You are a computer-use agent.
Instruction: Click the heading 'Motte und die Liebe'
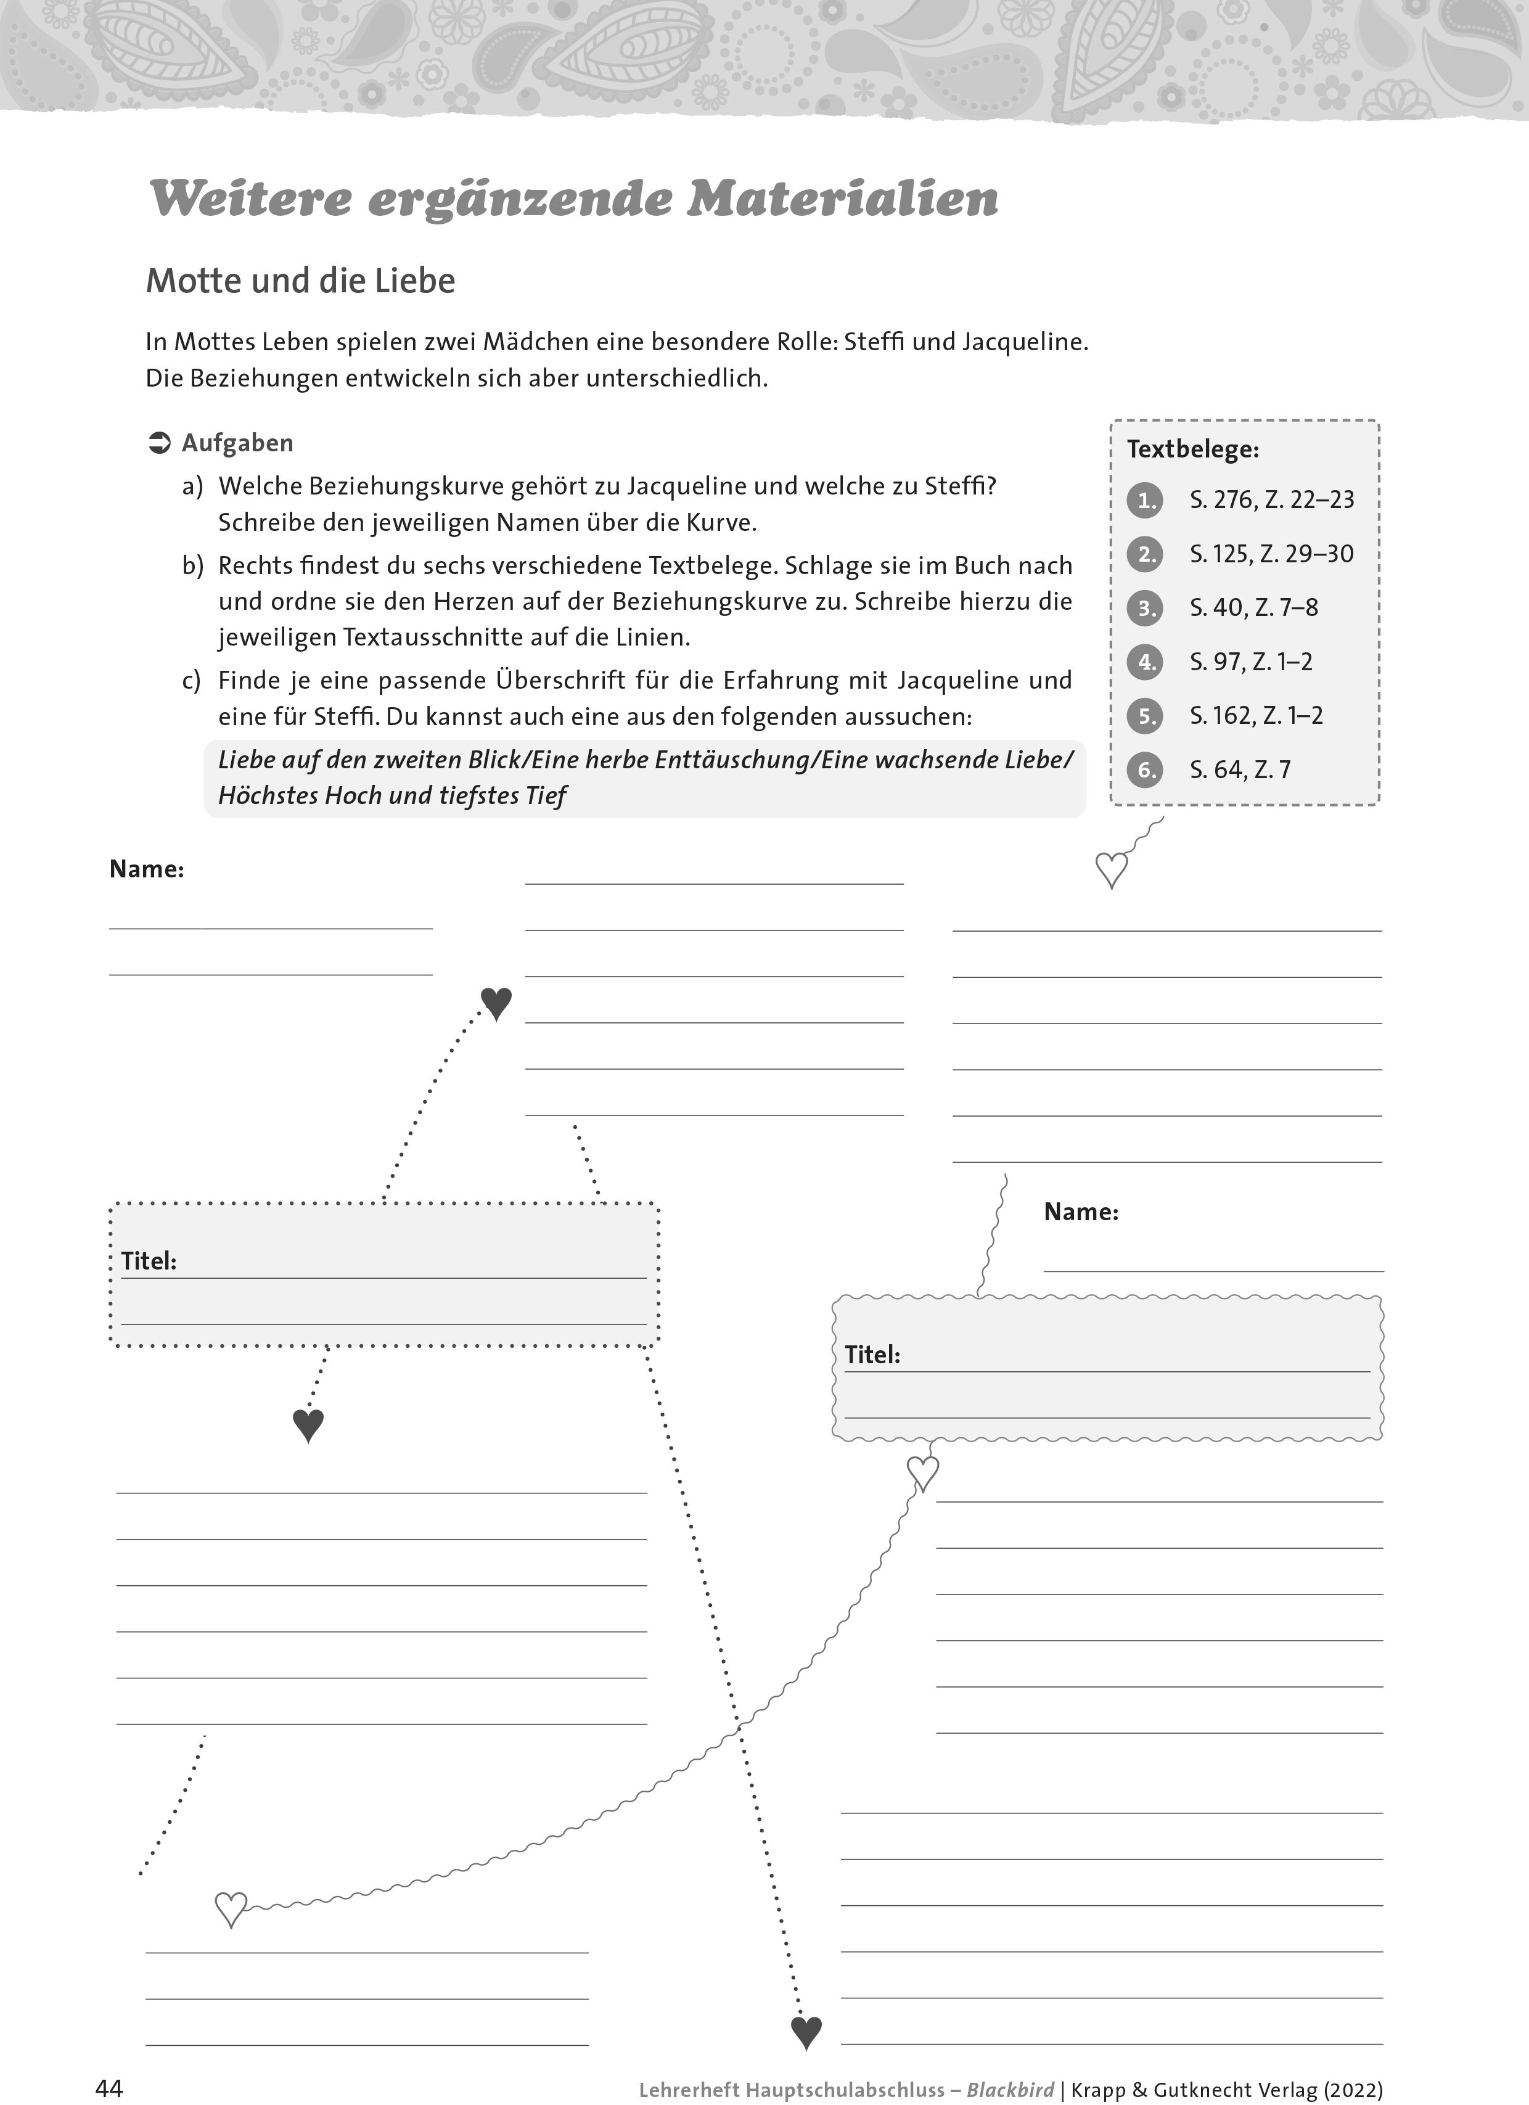(x=301, y=281)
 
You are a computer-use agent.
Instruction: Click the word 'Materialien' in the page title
(x=842, y=199)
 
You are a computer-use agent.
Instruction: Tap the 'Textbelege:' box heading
(x=1193, y=450)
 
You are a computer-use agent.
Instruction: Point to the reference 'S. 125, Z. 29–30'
(x=1272, y=554)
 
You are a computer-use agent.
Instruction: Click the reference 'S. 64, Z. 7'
(x=1240, y=770)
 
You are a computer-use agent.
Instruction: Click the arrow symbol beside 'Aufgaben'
(x=160, y=444)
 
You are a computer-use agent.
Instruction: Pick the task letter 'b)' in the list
(x=192, y=566)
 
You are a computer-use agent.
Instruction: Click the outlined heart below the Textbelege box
(x=1112, y=869)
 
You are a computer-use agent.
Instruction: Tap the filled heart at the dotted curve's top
(x=496, y=1003)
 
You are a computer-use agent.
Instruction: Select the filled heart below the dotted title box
(x=308, y=1425)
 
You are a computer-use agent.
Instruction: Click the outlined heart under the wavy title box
(x=922, y=1473)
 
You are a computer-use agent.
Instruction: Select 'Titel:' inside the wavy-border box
(x=872, y=1355)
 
